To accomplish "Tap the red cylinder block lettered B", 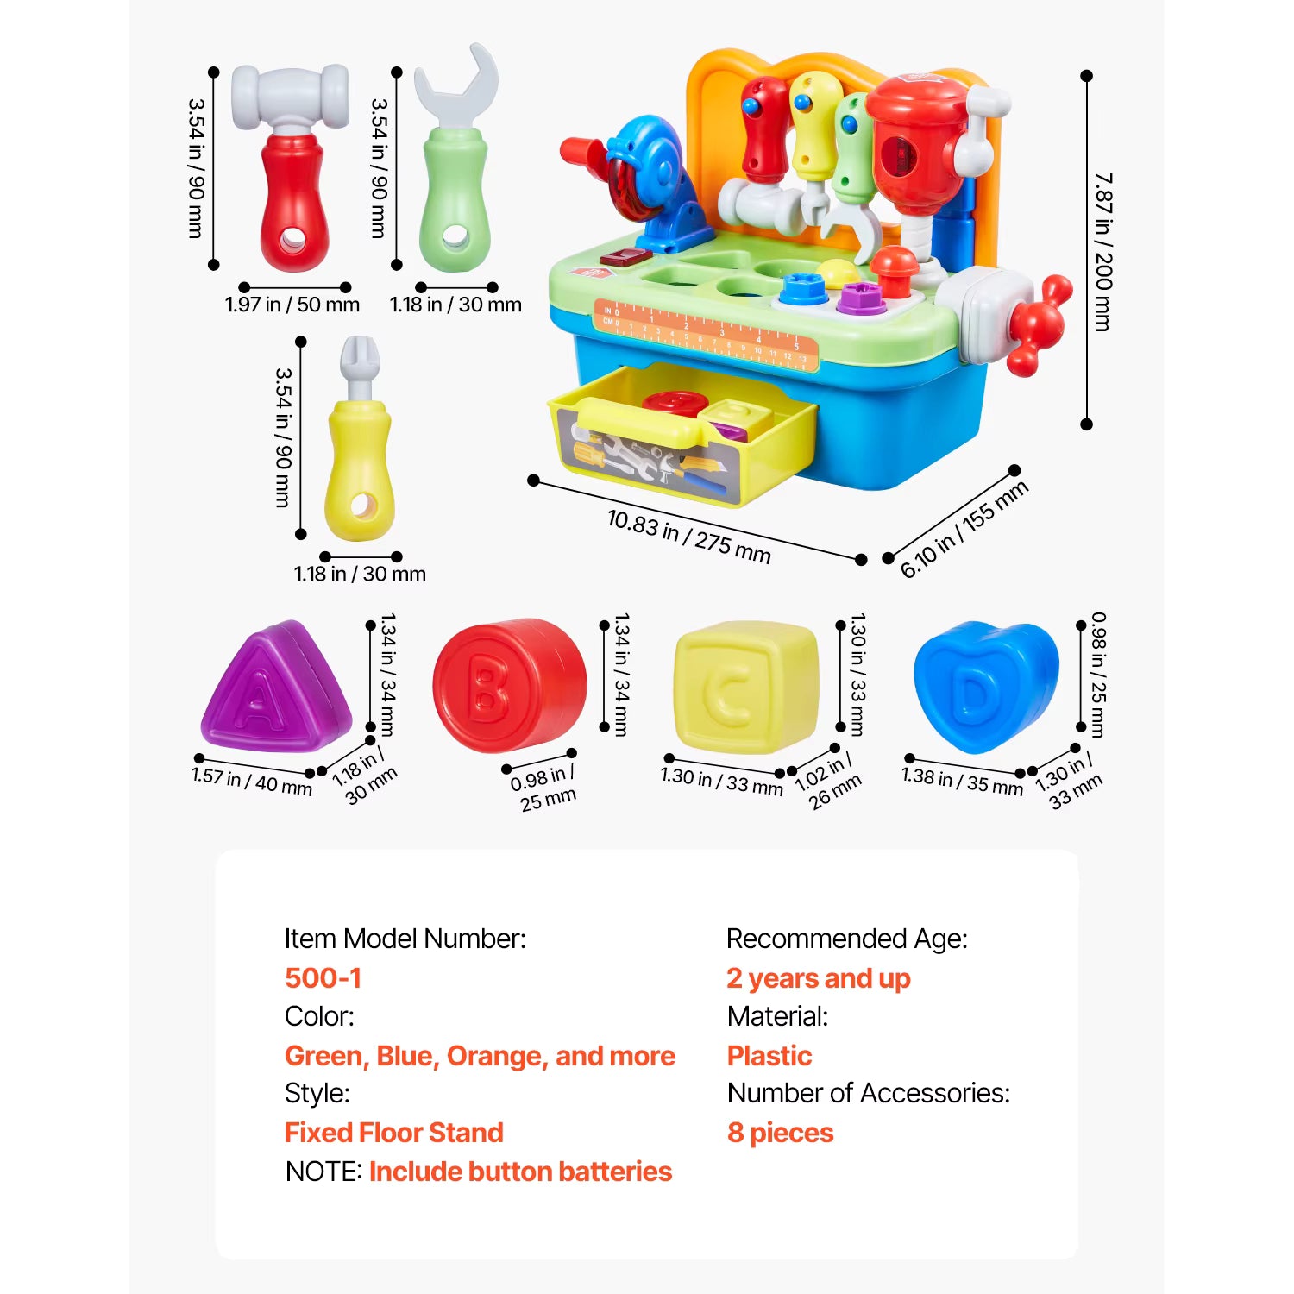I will pos(509,686).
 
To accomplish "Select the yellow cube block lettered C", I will pos(744,687).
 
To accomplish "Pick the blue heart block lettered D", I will pos(984,686).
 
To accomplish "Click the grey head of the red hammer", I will pos(290,96).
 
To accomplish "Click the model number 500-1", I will pos(323,978).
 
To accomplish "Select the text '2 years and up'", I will pos(818,978).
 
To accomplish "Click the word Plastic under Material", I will pos(769,1056).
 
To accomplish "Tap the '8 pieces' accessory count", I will pos(781,1133).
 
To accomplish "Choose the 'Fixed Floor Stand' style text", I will pos(394,1133).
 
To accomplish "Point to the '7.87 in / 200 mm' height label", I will pos(1103,251).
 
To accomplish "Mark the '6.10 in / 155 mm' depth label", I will pos(964,529).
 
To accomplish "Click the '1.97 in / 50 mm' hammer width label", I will pos(292,305).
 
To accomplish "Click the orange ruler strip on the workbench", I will pos(705,336).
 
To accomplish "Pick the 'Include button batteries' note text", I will pos(520,1172).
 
